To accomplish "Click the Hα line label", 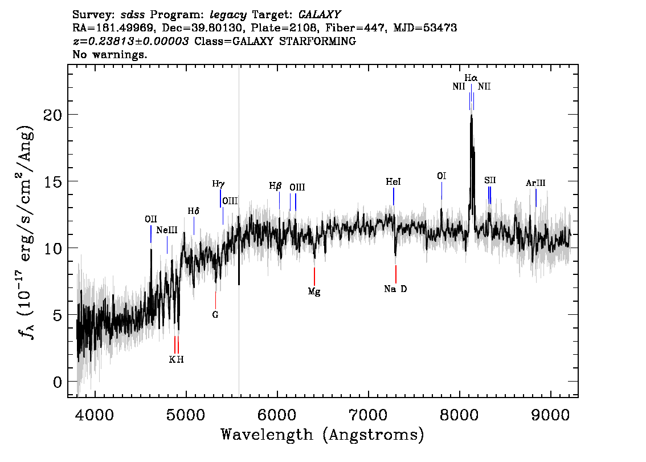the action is click(x=471, y=78).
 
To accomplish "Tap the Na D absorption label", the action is click(x=395, y=289).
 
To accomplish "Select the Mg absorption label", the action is click(x=314, y=291).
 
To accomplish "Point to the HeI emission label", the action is click(x=393, y=181).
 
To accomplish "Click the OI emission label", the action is click(x=441, y=176).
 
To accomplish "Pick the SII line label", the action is click(x=490, y=180).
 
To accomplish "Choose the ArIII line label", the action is click(x=535, y=183).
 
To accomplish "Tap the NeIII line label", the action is click(x=167, y=230).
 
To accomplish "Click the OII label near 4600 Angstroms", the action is click(x=151, y=219).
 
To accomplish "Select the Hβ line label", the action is click(x=275, y=186).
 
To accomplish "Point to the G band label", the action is click(x=215, y=315).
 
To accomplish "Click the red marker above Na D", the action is click(x=396, y=274).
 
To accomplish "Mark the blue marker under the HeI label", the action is click(x=394, y=196).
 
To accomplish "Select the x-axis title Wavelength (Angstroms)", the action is click(x=322, y=435).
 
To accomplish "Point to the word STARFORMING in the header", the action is click(x=318, y=41).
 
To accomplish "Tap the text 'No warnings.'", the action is click(x=109, y=54).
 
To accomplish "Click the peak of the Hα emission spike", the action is click(x=471, y=115).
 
